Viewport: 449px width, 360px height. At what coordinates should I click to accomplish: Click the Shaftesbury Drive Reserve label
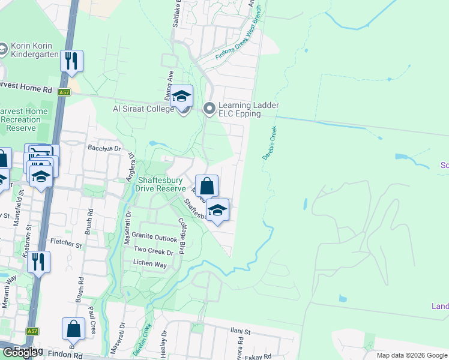(162, 184)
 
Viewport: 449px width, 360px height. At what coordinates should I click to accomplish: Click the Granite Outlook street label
(155, 238)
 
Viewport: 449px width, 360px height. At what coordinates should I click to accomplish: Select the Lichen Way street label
(150, 264)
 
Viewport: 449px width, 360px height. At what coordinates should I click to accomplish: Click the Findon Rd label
(65, 355)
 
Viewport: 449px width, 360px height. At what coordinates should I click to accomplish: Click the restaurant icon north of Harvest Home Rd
(71, 61)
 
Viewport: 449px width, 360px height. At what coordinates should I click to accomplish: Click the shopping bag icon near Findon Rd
(73, 329)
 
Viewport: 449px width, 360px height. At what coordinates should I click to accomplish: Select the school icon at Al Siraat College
(181, 96)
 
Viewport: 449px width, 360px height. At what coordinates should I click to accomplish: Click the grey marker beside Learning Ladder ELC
(209, 109)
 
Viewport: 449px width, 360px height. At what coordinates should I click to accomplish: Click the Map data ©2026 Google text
(412, 355)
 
